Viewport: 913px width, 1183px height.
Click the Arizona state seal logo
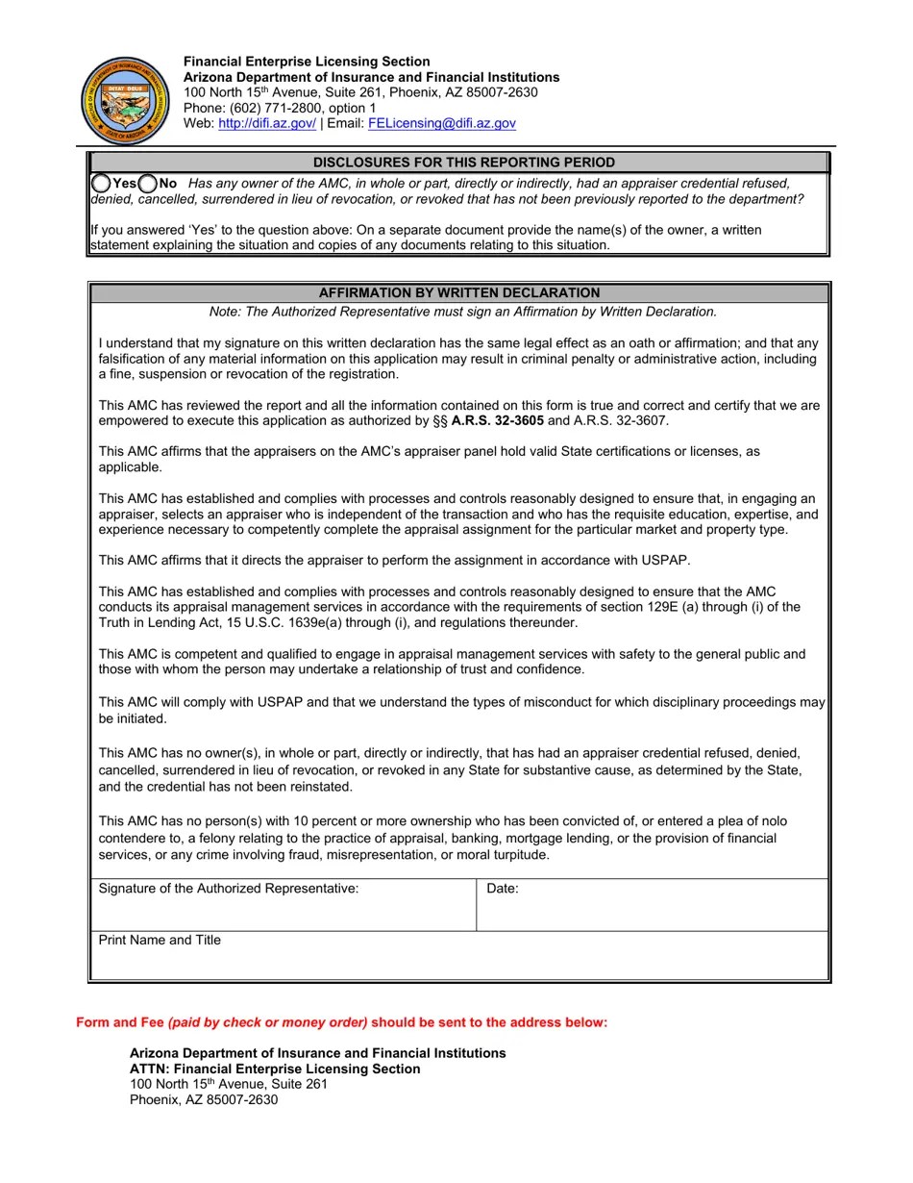point(126,100)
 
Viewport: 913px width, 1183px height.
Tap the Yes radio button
point(101,183)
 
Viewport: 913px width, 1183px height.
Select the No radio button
point(148,183)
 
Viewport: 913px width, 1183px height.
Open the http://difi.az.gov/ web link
point(267,123)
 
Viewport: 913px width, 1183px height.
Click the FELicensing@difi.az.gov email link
point(441,123)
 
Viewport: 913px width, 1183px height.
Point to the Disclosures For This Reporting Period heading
point(463,163)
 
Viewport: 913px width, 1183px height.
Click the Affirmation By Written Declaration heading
point(459,292)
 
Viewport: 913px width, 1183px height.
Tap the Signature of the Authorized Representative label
point(229,889)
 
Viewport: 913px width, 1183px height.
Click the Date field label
point(503,889)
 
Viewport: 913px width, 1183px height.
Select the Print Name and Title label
point(160,940)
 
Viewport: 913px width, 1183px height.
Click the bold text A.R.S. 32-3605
point(497,420)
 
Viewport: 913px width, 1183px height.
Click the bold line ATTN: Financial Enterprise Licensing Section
point(275,1069)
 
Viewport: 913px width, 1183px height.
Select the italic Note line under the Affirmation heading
point(463,312)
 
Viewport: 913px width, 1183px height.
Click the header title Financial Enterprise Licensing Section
point(307,62)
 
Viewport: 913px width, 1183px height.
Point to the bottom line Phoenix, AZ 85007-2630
point(204,1099)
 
